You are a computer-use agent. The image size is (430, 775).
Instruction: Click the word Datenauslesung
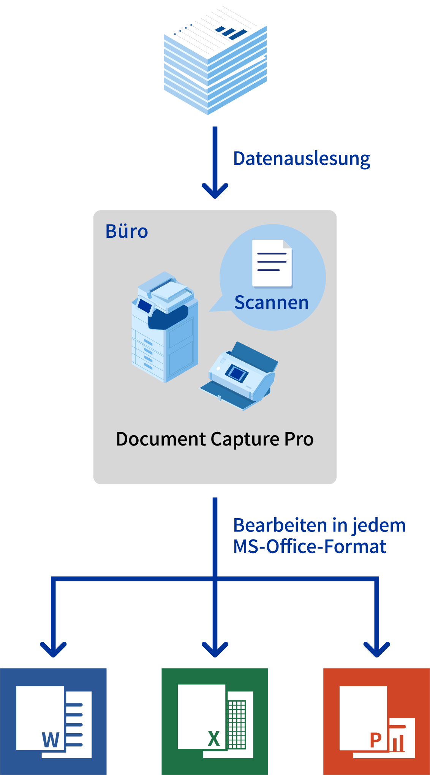pyautogui.click(x=302, y=159)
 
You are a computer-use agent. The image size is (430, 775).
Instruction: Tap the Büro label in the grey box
pyautogui.click(x=126, y=231)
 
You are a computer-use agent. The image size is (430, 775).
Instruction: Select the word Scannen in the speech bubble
pyautogui.click(x=271, y=303)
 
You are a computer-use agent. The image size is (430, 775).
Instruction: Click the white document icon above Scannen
pyautogui.click(x=272, y=263)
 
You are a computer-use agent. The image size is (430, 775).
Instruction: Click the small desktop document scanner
pyautogui.click(x=239, y=377)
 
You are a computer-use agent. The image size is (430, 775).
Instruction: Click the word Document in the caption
pyautogui.click(x=161, y=439)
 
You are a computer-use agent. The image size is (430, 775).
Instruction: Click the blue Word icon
pyautogui.click(x=53, y=721)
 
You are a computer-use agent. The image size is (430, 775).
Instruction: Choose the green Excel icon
pyautogui.click(x=215, y=721)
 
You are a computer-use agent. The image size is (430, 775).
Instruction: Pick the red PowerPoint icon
pyautogui.click(x=376, y=721)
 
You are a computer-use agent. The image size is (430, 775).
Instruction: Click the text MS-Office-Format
pyautogui.click(x=310, y=547)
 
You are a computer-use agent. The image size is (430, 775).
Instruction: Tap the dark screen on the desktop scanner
pyautogui.click(x=236, y=372)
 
